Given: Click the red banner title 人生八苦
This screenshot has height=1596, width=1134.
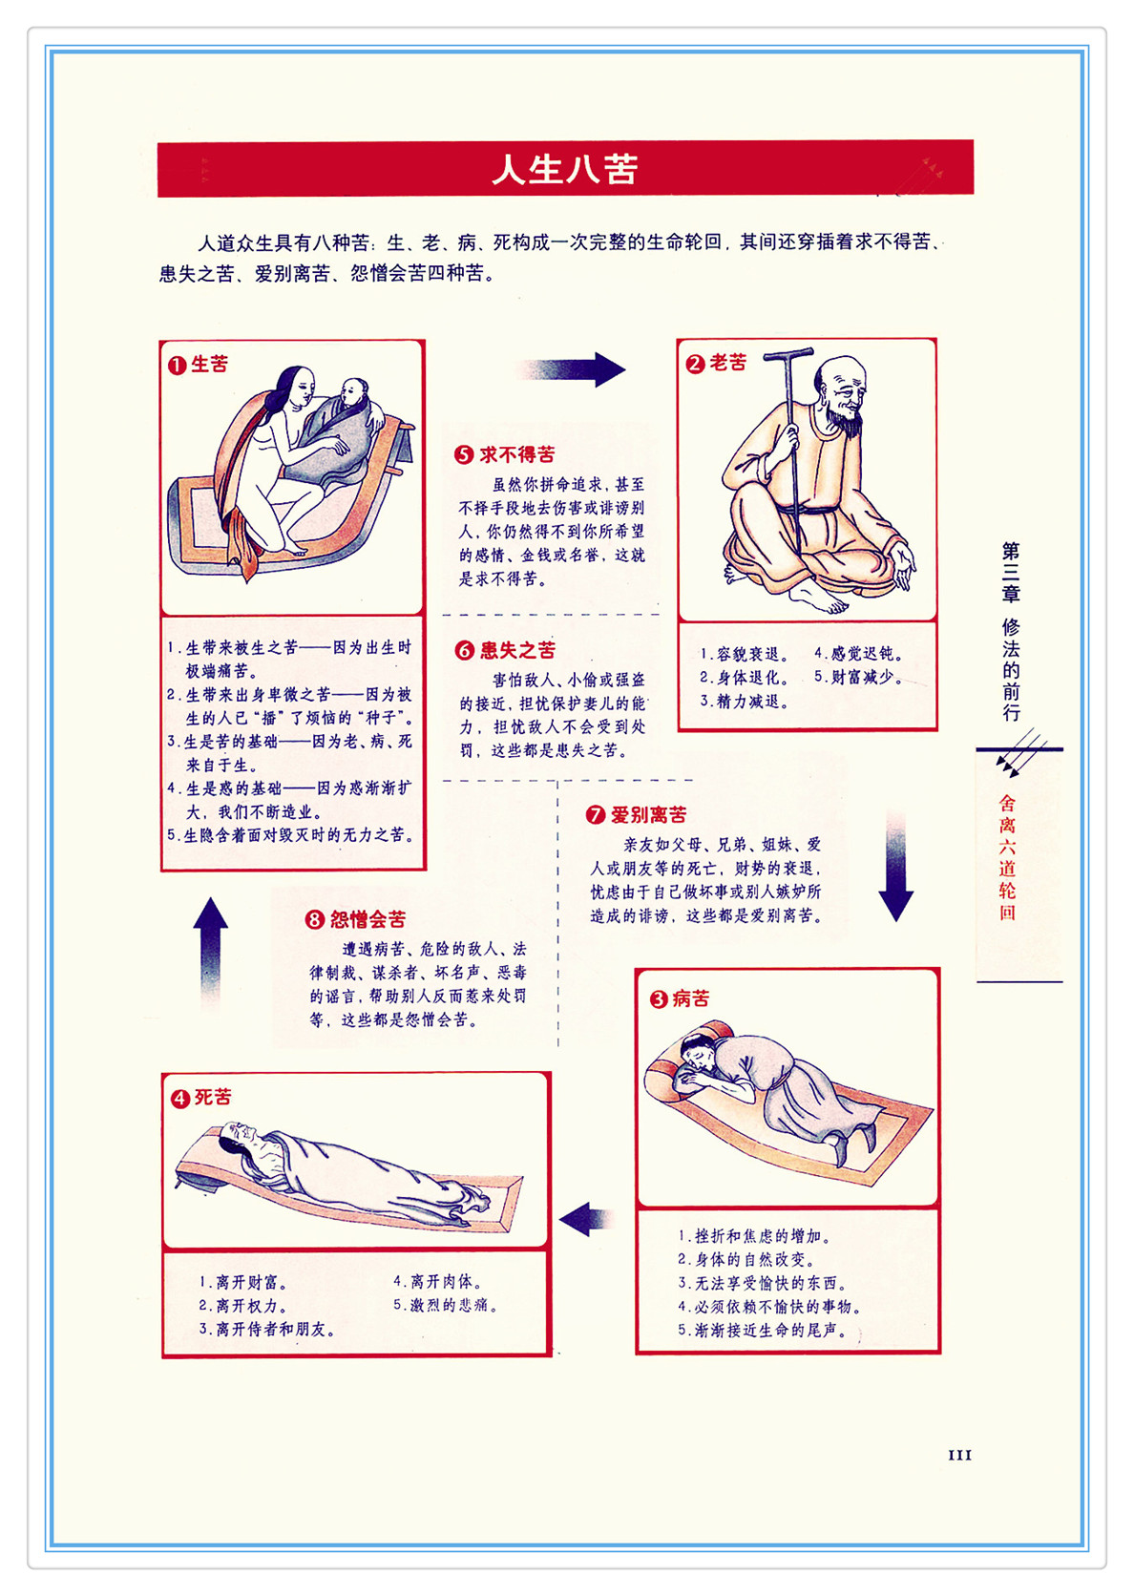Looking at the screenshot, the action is [565, 170].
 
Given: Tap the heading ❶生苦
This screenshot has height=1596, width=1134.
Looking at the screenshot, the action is [198, 364].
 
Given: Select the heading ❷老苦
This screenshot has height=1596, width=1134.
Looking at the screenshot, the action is [716, 363].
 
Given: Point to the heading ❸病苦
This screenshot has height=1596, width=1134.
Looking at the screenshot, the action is [679, 998].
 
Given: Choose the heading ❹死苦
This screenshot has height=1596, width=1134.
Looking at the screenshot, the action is [200, 1098].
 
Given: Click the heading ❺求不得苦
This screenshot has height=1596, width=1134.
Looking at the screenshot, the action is [504, 454].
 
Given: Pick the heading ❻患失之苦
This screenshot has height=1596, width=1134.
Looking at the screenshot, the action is [505, 650].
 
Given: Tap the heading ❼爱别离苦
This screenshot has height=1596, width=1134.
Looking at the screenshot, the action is [636, 814].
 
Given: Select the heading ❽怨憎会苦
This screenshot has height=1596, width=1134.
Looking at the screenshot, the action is [355, 919].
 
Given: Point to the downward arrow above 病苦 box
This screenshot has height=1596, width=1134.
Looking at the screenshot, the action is [895, 866].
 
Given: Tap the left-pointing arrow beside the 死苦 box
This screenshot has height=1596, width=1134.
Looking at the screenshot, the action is [585, 1219].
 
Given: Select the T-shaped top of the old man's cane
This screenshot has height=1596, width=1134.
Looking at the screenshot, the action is [787, 353].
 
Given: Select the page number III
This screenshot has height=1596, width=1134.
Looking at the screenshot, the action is [959, 1455].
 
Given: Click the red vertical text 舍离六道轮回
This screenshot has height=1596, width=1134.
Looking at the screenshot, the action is [1006, 858].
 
